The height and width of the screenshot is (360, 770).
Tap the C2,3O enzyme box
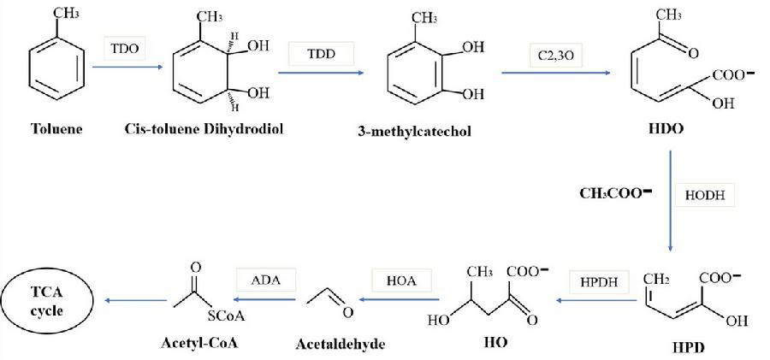coord(554,55)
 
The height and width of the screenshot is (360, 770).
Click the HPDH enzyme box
coord(595,281)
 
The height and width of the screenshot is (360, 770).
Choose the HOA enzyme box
coord(395,279)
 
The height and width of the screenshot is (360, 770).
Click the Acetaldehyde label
coord(341,345)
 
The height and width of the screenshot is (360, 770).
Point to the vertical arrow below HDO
coord(670,202)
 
